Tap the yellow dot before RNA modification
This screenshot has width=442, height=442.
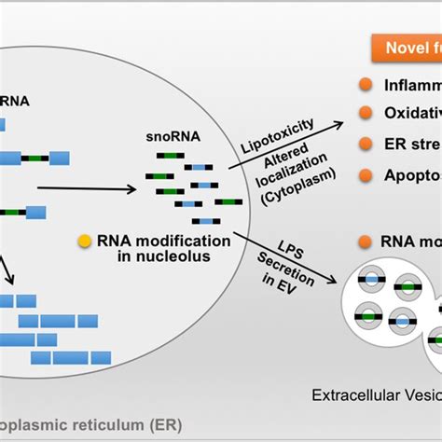point(86,239)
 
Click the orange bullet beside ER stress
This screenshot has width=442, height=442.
point(367,145)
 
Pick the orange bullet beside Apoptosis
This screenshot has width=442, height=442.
point(367,174)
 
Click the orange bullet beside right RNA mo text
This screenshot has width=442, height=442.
point(367,240)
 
